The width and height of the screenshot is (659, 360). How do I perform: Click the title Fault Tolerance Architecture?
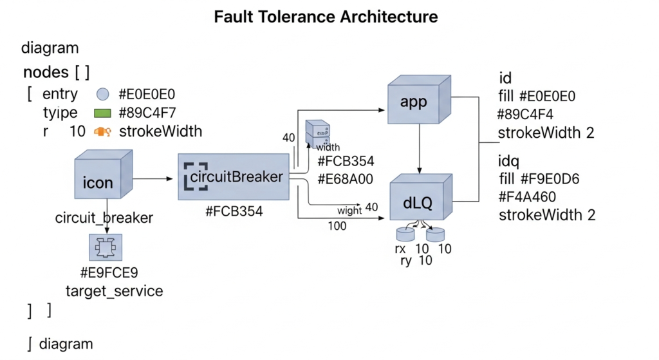click(x=326, y=17)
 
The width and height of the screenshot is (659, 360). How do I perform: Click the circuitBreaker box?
click(x=233, y=176)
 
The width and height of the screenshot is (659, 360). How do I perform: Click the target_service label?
click(x=114, y=291)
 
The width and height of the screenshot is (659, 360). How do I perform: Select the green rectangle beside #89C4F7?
click(x=104, y=113)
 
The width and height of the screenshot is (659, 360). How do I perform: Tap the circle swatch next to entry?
click(x=103, y=94)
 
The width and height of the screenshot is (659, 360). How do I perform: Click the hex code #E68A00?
click(x=346, y=179)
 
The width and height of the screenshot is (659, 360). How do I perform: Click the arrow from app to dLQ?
click(x=420, y=149)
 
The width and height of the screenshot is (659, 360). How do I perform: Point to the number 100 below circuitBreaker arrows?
click(x=337, y=226)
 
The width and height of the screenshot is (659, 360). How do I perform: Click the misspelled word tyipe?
click(x=60, y=113)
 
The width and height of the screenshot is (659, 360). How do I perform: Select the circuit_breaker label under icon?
click(x=104, y=218)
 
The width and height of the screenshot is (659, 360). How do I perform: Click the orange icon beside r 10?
click(x=103, y=132)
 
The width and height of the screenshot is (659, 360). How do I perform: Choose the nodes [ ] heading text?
click(x=56, y=71)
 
